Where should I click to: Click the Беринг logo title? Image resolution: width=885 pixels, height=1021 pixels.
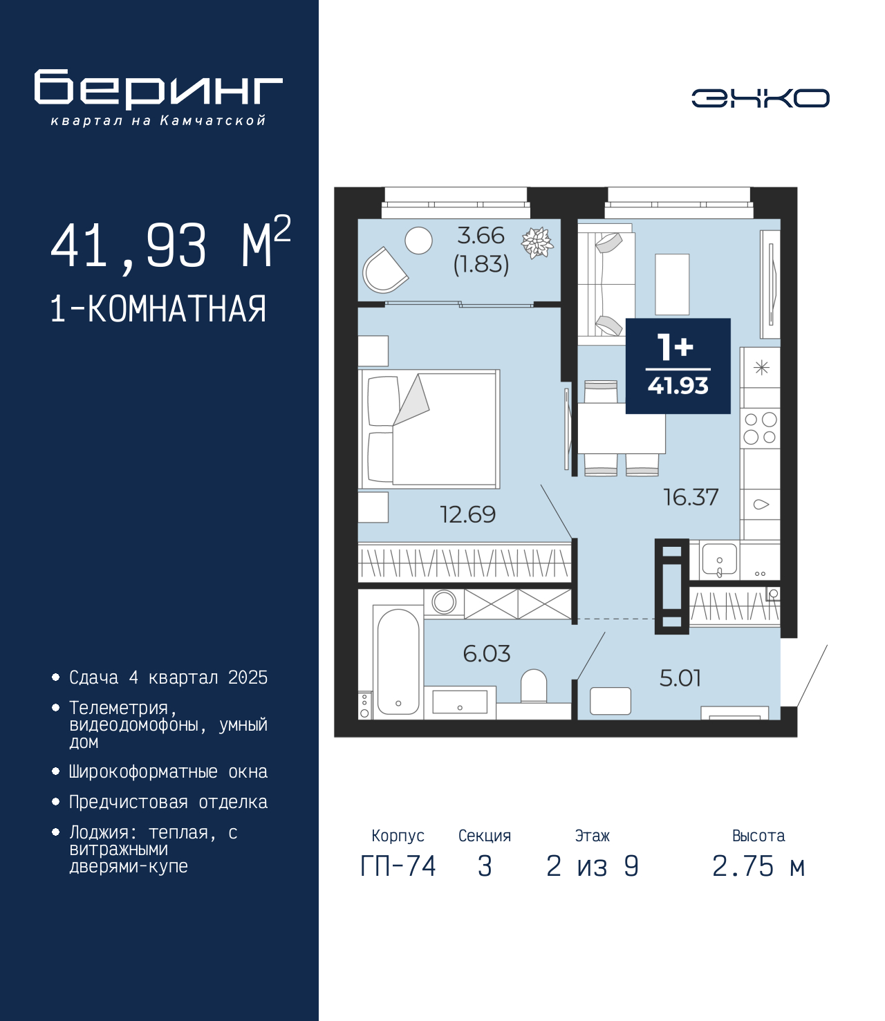point(158,89)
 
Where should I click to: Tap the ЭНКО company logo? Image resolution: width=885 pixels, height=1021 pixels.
point(761,97)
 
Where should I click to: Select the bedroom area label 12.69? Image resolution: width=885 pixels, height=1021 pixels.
point(467,515)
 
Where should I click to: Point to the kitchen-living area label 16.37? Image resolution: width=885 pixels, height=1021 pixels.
point(691,497)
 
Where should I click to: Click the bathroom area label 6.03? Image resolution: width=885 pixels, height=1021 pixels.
point(487,654)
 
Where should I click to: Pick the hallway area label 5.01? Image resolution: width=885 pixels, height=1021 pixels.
point(680,678)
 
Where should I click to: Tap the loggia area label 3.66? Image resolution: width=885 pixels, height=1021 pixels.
point(481,236)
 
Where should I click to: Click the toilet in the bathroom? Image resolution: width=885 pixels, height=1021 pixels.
point(534,686)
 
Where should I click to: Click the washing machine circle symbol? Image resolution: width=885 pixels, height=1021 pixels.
point(444,603)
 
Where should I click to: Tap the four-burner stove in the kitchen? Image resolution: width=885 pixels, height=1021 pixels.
point(760,429)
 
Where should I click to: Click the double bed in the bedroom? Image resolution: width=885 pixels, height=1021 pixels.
point(429,429)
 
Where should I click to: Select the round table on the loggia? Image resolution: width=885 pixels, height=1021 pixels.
point(418,241)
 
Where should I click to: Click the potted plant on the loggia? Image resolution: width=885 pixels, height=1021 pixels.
point(537,242)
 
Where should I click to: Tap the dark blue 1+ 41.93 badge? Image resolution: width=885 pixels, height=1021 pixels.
point(678,366)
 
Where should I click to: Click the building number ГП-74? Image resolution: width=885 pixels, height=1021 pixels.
point(398,866)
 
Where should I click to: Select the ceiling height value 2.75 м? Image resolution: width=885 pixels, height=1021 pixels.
point(758,866)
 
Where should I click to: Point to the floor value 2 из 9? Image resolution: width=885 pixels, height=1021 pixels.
point(593,866)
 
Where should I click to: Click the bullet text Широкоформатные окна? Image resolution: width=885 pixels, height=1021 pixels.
point(168,771)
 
